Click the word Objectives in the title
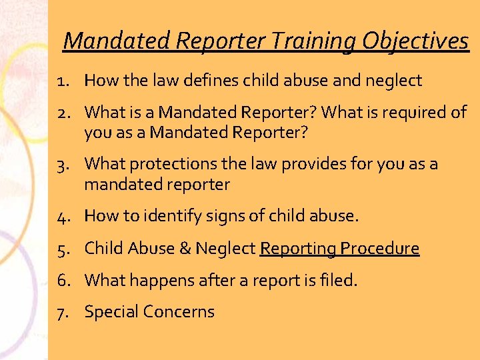[415, 41]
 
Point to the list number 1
[62, 81]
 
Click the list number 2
[62, 113]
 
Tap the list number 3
[62, 164]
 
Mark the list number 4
[62, 216]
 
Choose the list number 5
[62, 249]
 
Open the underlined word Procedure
[379, 249]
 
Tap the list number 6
[62, 280]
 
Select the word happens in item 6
[157, 280]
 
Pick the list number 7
[62, 312]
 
